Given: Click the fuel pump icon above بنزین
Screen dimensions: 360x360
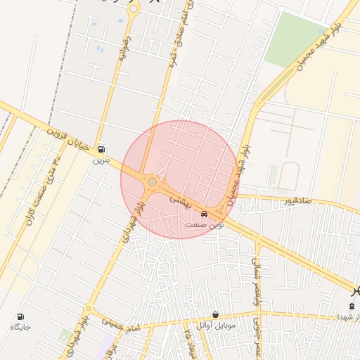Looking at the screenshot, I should [x=103, y=149].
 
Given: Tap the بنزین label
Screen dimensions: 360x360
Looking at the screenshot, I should [x=102, y=160].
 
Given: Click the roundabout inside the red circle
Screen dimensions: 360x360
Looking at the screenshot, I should [x=152, y=183].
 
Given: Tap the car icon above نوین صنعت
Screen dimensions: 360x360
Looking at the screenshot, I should [x=204, y=214].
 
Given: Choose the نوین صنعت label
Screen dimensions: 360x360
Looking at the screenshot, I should [x=202, y=224].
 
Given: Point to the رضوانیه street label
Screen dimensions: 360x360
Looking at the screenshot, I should [x=124, y=49].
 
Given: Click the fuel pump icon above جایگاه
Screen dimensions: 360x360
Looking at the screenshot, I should [x=20, y=316].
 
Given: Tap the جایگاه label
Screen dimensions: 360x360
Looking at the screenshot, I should [x=20, y=328].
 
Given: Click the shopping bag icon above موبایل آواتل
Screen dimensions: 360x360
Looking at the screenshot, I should [x=215, y=314].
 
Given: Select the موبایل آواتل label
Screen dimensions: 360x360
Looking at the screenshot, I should [x=217, y=325].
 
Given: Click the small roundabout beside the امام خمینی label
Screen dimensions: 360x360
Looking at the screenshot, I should [x=89, y=309].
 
